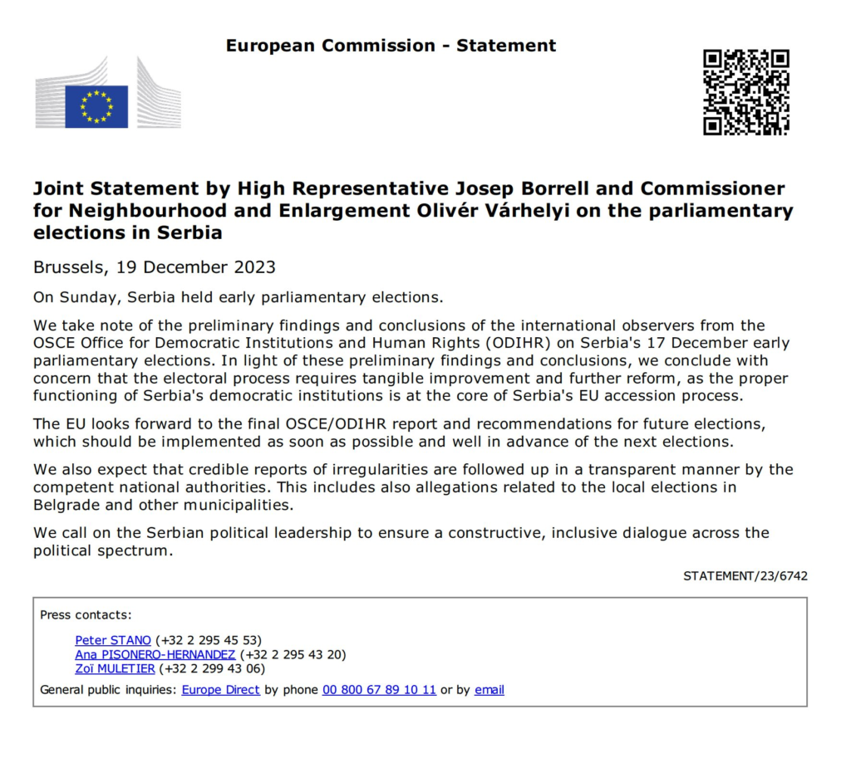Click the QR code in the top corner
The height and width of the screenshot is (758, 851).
pos(745,92)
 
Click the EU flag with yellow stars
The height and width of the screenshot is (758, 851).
pos(96,106)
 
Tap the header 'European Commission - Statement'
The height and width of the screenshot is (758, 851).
pos(391,46)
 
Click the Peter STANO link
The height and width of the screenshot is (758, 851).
pos(113,640)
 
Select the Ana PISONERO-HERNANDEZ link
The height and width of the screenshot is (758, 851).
pos(155,654)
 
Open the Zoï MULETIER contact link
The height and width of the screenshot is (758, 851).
pos(115,668)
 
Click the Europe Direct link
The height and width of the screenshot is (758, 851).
pos(221,689)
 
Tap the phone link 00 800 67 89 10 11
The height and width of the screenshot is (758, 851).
pos(379,689)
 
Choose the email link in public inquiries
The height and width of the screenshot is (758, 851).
pos(489,689)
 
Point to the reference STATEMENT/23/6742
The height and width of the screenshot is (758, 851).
pos(745,575)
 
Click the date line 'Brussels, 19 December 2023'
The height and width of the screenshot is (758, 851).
pos(155,267)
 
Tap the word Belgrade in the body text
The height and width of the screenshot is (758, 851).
pos(65,505)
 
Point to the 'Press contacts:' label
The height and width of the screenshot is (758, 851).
pos(86,615)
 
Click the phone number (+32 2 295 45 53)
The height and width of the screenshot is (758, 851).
pos(209,640)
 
